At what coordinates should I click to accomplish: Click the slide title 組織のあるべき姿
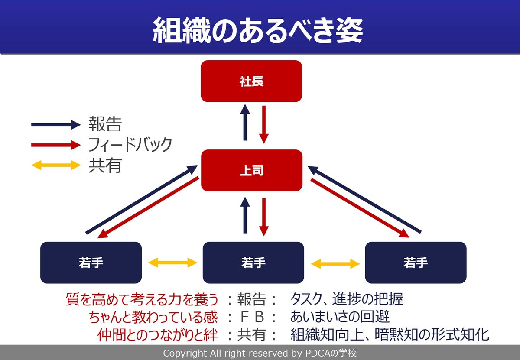tap(257, 30)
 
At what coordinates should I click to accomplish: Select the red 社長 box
tap(251, 81)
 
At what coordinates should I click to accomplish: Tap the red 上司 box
tap(251, 170)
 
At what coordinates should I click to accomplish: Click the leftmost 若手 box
tap(91, 263)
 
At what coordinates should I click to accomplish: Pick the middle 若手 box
tap(253, 263)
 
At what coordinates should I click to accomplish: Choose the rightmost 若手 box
tap(416, 263)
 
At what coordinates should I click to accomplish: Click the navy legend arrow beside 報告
tap(56, 125)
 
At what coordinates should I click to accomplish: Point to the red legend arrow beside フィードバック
tap(56, 145)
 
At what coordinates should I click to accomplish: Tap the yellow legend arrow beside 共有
tap(56, 165)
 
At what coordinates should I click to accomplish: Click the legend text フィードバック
tap(130, 145)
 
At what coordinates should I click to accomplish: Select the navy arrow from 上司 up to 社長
tap(245, 123)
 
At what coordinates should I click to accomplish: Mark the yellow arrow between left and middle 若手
tap(172, 263)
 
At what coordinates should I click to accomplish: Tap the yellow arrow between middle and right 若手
tap(335, 263)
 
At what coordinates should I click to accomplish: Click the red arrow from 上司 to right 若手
tap(360, 208)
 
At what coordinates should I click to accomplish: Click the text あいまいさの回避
tap(340, 317)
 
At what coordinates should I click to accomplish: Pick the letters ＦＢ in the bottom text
tap(252, 317)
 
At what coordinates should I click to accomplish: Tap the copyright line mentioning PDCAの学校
tap(260, 353)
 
